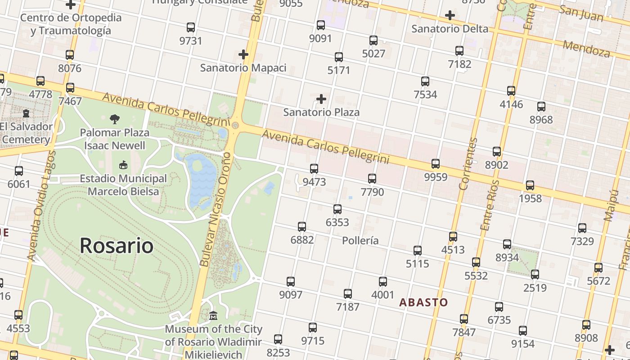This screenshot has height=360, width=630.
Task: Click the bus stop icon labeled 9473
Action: (314, 169)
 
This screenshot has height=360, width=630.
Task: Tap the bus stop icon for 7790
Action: (372, 179)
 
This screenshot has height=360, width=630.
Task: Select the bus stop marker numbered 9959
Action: (436, 163)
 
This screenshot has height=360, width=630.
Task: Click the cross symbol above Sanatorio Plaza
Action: (321, 99)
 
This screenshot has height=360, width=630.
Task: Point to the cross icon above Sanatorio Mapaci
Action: (243, 55)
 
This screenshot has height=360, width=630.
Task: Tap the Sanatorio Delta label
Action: (450, 29)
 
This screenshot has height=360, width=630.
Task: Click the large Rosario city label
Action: (117, 246)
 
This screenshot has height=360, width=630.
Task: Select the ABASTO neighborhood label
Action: (423, 302)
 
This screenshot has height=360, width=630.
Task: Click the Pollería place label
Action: (360, 240)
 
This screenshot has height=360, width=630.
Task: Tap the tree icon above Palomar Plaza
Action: (115, 119)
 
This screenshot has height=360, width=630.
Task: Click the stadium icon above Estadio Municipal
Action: (123, 165)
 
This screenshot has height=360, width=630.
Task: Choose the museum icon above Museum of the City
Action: (213, 316)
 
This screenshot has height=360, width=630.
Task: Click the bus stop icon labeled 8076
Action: (70, 55)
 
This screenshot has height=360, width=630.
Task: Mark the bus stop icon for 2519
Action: (535, 274)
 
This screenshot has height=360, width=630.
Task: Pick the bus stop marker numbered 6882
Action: (302, 226)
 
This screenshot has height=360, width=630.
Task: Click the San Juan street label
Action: (581, 13)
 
